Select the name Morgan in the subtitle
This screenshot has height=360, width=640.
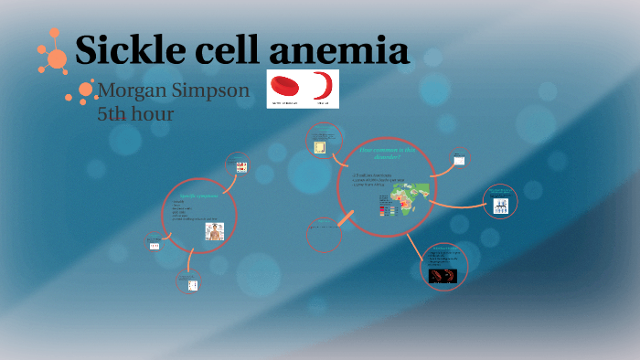[x=136, y=92]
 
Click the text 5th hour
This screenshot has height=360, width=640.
[x=134, y=114]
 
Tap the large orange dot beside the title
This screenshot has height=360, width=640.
[x=57, y=59]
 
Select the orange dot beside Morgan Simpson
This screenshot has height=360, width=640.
[x=86, y=90]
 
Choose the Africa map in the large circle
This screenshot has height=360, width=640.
[x=411, y=196]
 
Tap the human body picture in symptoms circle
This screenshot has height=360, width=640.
[x=215, y=231]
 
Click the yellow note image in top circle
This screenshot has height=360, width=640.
[x=320, y=147]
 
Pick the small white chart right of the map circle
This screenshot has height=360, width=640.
[x=460, y=161]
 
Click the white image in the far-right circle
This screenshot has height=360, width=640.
[x=500, y=206]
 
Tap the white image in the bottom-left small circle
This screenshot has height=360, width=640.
[x=192, y=285]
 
